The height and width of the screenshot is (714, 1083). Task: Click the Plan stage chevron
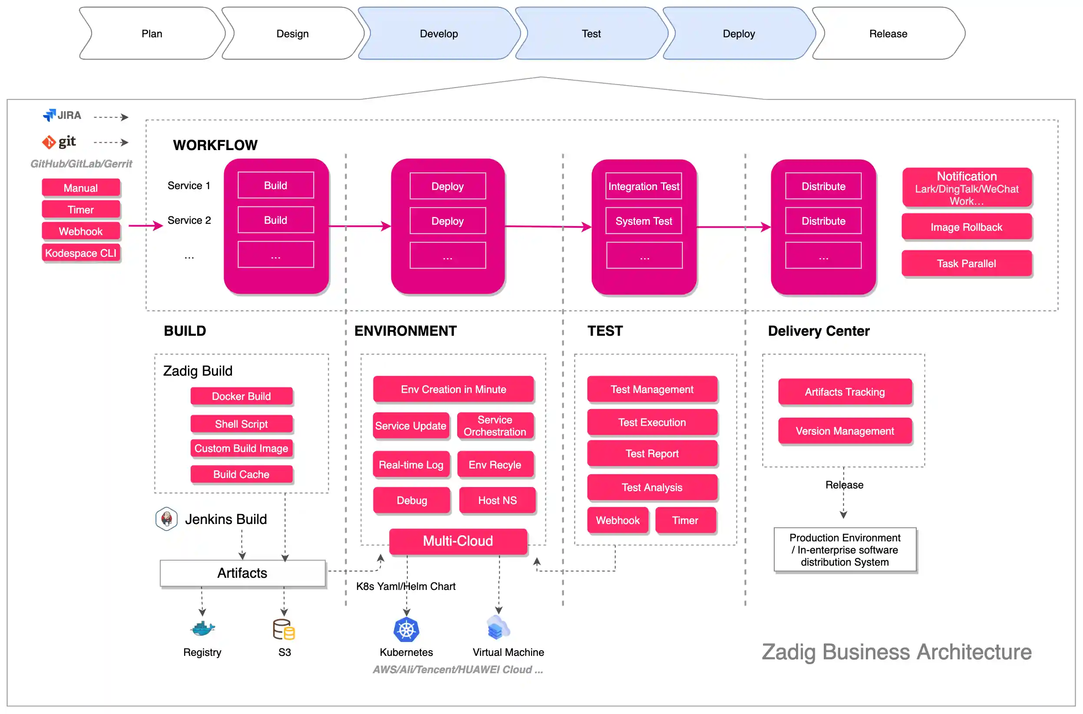pyautogui.click(x=152, y=34)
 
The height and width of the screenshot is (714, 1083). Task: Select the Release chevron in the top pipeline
pyautogui.click(x=888, y=34)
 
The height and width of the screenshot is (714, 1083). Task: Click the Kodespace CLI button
pyautogui.click(x=81, y=253)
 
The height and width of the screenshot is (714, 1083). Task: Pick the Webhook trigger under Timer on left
pyautogui.click(x=81, y=231)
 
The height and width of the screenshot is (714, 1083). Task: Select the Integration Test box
pyautogui.click(x=643, y=186)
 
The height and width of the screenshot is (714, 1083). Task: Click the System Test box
pyautogui.click(x=643, y=221)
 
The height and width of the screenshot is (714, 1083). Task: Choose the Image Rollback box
pyautogui.click(x=966, y=227)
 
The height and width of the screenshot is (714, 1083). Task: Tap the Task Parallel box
pyautogui.click(x=966, y=263)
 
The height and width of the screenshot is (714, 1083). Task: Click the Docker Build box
pyautogui.click(x=241, y=396)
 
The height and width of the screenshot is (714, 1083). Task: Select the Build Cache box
pyautogui.click(x=241, y=474)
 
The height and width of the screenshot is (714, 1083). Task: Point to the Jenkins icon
pyautogui.click(x=166, y=519)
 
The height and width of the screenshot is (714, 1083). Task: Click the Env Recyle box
pyautogui.click(x=495, y=465)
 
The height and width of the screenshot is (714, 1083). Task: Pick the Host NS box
pyautogui.click(x=497, y=500)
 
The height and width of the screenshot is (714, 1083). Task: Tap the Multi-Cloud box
pyautogui.click(x=458, y=540)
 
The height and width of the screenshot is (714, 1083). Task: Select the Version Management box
pyautogui.click(x=844, y=431)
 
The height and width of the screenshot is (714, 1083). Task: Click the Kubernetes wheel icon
pyautogui.click(x=406, y=629)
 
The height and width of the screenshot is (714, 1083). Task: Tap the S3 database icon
pyautogui.click(x=284, y=629)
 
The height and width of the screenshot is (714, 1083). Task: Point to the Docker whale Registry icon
pyautogui.click(x=202, y=629)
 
